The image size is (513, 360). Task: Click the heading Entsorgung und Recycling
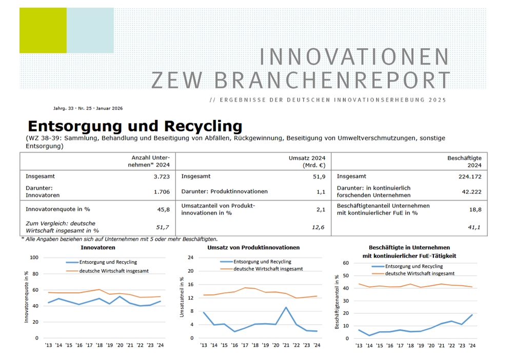[x=134, y=126]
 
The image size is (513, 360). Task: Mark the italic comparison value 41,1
[x=474, y=227]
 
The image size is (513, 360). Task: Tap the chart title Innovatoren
[x=97, y=248]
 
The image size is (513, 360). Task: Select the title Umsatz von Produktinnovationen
[x=253, y=248]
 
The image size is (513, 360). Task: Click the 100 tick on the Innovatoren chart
[x=34, y=257]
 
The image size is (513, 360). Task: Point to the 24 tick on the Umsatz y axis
[x=190, y=257]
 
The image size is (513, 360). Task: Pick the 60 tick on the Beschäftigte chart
[x=345, y=263]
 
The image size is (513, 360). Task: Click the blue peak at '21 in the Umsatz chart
[x=286, y=308]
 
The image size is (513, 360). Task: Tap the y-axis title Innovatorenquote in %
[x=26, y=297]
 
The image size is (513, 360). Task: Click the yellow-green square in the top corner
[x=43, y=30]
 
